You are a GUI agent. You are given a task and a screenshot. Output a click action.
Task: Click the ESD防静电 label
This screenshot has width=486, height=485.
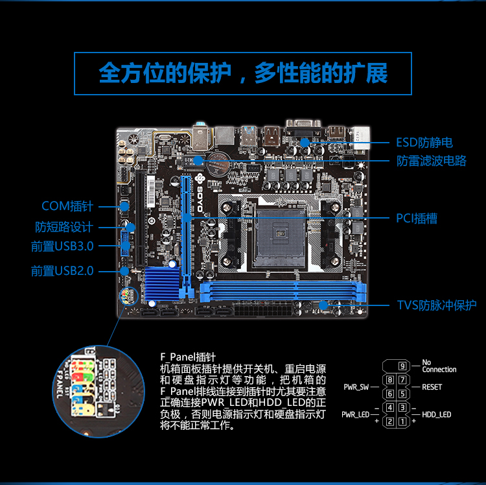[424, 143]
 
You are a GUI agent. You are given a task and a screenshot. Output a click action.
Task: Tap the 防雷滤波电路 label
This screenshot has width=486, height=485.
[432, 161]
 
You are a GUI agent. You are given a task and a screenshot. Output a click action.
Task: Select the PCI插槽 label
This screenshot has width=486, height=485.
[417, 219]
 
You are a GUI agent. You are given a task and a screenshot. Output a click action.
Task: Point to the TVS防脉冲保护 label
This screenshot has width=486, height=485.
[437, 305]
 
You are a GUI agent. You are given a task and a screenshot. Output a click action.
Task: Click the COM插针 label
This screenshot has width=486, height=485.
[67, 206]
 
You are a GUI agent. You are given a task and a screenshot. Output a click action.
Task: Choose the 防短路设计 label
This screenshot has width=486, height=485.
[64, 227]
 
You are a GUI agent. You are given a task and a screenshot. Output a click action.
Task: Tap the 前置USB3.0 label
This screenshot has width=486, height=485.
[62, 246]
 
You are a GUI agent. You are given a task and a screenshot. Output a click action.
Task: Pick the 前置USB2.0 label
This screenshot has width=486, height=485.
[62, 271]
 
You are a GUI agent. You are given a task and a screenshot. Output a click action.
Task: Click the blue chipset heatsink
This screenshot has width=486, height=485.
[162, 283]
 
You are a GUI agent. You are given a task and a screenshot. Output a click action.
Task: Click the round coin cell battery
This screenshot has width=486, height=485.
[218, 163]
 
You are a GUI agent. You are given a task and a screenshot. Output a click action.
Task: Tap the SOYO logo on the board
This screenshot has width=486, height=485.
[200, 193]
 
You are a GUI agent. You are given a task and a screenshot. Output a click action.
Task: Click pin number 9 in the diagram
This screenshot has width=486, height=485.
[402, 366]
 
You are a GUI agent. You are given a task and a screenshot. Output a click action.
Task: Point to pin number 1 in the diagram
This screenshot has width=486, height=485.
[402, 421]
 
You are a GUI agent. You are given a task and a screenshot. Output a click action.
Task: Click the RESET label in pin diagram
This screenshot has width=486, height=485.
[432, 387]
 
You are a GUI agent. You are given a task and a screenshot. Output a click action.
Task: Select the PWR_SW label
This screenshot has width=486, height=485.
[356, 387]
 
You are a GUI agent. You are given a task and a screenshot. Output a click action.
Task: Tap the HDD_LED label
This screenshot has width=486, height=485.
[436, 414]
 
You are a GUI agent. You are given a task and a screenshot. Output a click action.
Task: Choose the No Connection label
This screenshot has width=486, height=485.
[439, 366]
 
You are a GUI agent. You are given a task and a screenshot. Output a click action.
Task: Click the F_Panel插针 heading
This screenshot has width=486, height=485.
[188, 357]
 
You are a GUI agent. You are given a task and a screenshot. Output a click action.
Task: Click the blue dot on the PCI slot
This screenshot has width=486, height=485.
[187, 218]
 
